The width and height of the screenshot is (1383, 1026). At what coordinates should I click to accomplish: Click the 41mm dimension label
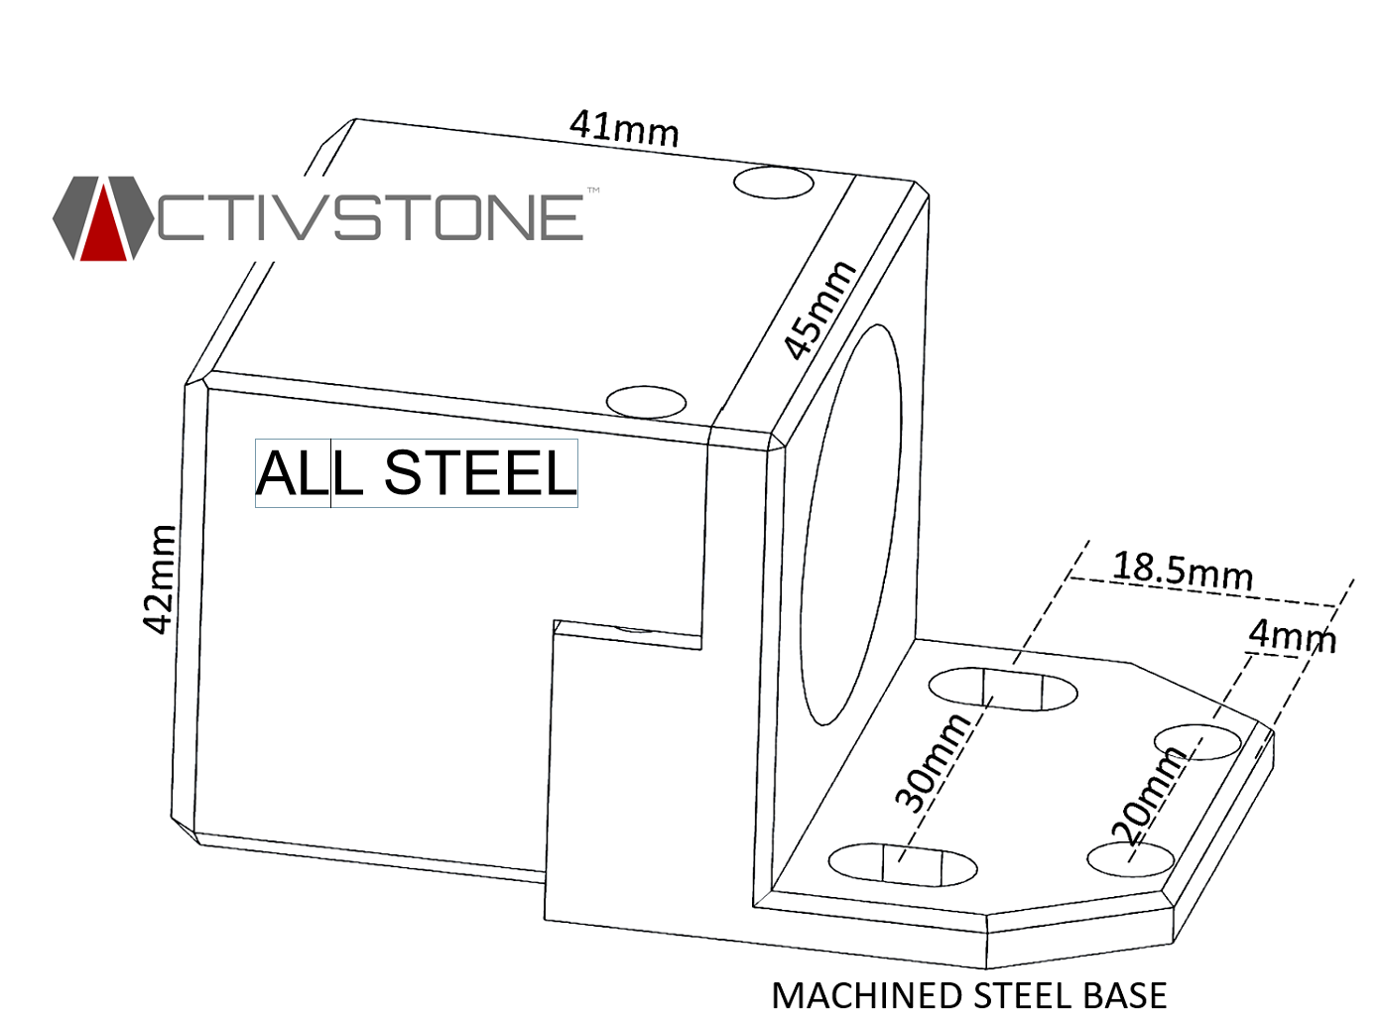pyautogui.click(x=624, y=129)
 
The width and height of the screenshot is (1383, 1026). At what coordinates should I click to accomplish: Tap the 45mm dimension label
pyautogui.click(x=818, y=310)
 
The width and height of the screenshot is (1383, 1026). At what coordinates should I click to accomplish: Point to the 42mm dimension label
pyautogui.click(x=159, y=578)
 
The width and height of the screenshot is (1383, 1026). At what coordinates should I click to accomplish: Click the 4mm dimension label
pyautogui.click(x=1292, y=635)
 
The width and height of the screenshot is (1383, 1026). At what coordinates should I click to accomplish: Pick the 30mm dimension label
pyautogui.click(x=932, y=761)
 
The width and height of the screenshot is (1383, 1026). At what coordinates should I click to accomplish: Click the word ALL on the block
pyautogui.click(x=293, y=473)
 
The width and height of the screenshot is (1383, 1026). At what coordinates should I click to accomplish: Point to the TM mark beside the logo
pyautogui.click(x=593, y=190)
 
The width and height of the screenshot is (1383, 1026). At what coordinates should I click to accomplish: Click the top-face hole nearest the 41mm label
pyautogui.click(x=774, y=183)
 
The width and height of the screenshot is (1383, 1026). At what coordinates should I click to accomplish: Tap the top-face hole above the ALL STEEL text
pyautogui.click(x=646, y=402)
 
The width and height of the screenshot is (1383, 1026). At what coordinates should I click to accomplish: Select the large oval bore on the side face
pyautogui.click(x=851, y=524)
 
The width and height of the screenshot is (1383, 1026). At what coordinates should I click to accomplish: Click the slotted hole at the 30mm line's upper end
pyautogui.click(x=1003, y=689)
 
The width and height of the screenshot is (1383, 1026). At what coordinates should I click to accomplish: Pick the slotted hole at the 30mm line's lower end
pyautogui.click(x=902, y=864)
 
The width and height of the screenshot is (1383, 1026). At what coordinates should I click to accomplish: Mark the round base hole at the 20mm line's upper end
pyautogui.click(x=1198, y=741)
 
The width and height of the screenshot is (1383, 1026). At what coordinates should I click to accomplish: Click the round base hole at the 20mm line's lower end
pyautogui.click(x=1130, y=859)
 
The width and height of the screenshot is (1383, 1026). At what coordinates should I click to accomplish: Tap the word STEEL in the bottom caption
pyautogui.click(x=1023, y=995)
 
